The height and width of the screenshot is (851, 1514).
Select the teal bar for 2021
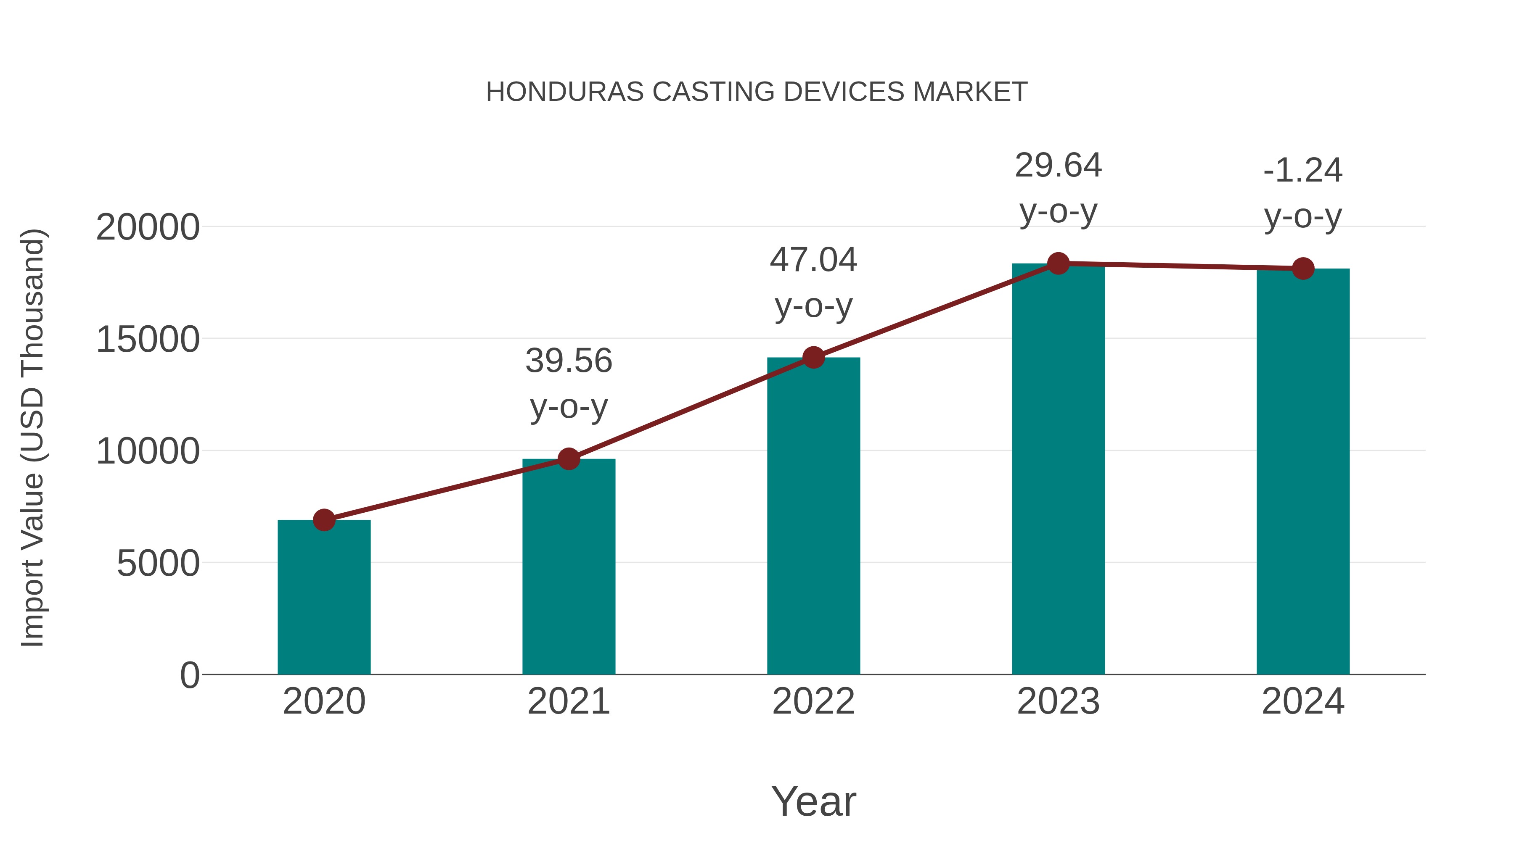[568, 567]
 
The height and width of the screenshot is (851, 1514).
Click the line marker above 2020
[324, 520]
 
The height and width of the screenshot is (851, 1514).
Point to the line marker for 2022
[813, 357]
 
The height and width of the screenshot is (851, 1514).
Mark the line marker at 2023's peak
[1058, 263]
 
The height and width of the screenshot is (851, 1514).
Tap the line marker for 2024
[1303, 269]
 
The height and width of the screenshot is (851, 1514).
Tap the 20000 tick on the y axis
[148, 227]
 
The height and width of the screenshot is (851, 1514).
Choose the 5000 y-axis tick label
[158, 564]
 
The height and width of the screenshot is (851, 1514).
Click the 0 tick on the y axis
[189, 675]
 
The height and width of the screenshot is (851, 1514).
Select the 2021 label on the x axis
[568, 701]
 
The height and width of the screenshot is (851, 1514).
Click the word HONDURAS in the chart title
[564, 92]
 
